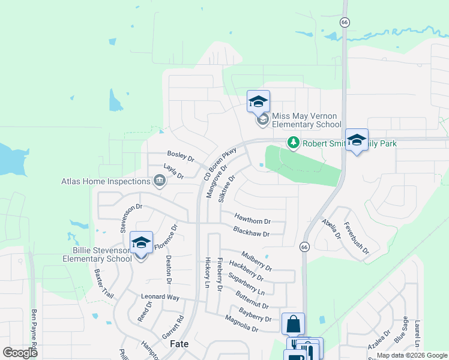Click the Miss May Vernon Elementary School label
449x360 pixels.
306,120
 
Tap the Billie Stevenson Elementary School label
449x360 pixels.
97,254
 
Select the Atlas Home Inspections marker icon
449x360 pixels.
160,181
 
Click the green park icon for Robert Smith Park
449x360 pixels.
293,143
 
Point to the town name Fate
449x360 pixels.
179,344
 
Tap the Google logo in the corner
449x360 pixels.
20,353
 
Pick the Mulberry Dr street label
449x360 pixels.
256,260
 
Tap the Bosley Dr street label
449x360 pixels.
181,157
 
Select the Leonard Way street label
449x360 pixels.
160,297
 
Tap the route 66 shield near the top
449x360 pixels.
345,22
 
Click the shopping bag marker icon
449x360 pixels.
293,324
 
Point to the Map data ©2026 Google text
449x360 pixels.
411,355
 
